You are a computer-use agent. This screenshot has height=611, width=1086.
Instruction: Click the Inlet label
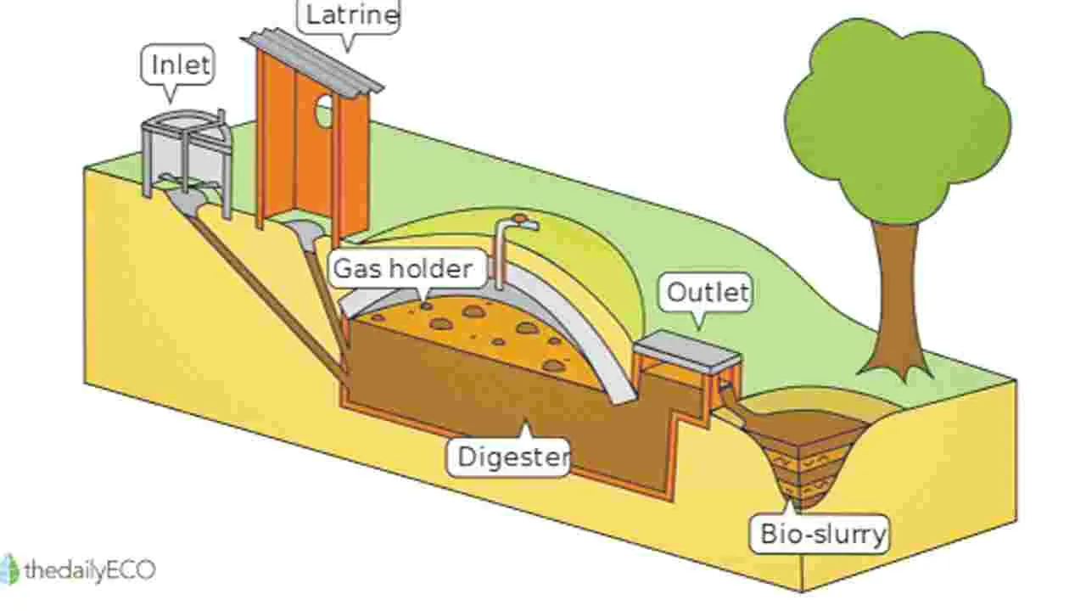click(181, 64)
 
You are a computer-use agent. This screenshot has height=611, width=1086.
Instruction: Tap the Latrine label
click(352, 15)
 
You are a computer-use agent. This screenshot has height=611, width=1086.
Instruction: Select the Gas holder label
click(403, 268)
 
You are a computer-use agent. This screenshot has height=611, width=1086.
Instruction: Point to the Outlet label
click(708, 293)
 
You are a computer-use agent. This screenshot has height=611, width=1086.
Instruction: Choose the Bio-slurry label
click(823, 534)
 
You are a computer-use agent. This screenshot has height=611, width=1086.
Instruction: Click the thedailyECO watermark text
click(90, 569)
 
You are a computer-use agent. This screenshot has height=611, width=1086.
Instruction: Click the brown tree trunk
click(897, 300)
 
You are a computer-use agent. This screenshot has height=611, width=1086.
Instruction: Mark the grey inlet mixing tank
click(187, 155)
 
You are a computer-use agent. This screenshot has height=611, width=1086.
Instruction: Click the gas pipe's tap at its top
click(524, 222)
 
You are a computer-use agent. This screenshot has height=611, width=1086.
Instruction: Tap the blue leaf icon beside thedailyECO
click(9, 569)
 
